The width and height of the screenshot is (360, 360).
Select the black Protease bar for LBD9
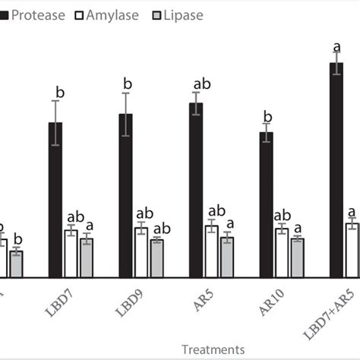126,194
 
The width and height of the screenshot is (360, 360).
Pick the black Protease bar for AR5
196,189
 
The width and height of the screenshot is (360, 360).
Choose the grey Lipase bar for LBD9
156,257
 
